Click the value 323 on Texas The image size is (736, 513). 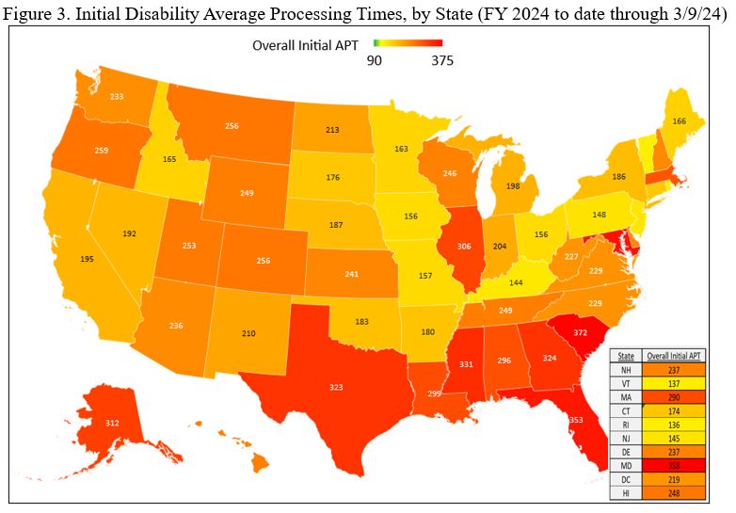[x=311, y=386]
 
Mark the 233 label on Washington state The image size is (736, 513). [x=117, y=96]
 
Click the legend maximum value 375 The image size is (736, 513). [x=442, y=61]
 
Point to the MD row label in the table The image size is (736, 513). [x=626, y=465]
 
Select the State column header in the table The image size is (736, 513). [x=626, y=355]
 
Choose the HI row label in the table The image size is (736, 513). [x=626, y=493]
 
